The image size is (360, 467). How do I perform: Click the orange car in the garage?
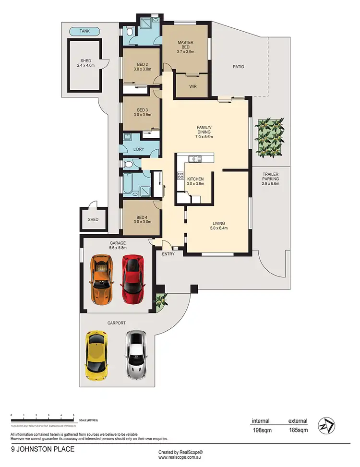(102, 278)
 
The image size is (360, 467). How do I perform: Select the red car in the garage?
(133, 279)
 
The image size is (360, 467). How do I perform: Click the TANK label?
(85, 32)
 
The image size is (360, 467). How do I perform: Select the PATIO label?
(238, 67)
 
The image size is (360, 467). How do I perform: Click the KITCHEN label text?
(195, 179)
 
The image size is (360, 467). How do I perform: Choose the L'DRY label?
(138, 150)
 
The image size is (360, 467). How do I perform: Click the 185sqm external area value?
(298, 431)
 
